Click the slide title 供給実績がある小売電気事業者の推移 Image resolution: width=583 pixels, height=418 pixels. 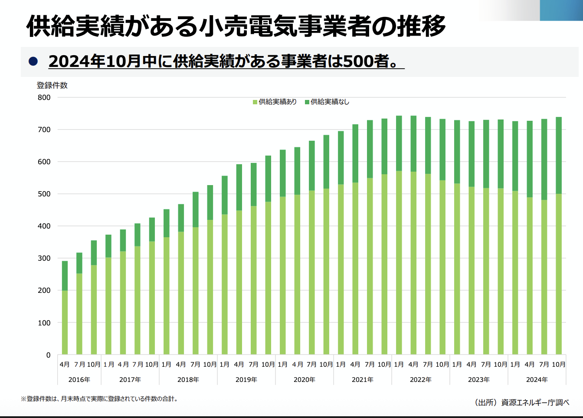[x=236, y=26]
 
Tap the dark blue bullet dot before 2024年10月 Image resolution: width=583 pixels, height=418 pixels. [x=33, y=61]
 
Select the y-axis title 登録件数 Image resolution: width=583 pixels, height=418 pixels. [x=52, y=86]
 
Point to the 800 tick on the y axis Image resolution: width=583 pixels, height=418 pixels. [x=44, y=97]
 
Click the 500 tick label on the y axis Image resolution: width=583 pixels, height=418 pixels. [x=44, y=194]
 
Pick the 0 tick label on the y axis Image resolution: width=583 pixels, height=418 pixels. [x=48, y=355]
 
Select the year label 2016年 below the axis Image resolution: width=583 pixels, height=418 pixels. [x=79, y=380]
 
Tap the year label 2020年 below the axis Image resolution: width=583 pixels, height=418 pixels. [x=305, y=380]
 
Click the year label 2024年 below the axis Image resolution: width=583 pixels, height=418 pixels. [x=537, y=380]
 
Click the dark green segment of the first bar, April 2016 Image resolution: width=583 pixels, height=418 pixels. [x=65, y=275]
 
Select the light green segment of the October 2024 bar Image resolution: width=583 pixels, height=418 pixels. [x=559, y=274]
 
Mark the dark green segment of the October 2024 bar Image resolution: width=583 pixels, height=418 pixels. [x=559, y=155]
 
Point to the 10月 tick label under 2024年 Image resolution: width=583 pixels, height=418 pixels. [x=559, y=365]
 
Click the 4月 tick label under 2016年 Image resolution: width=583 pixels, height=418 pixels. [x=65, y=365]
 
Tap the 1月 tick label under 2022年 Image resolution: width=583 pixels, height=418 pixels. [x=399, y=365]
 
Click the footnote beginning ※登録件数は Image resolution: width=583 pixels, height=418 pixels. [x=100, y=399]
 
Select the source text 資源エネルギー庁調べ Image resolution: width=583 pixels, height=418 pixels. [x=535, y=402]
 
